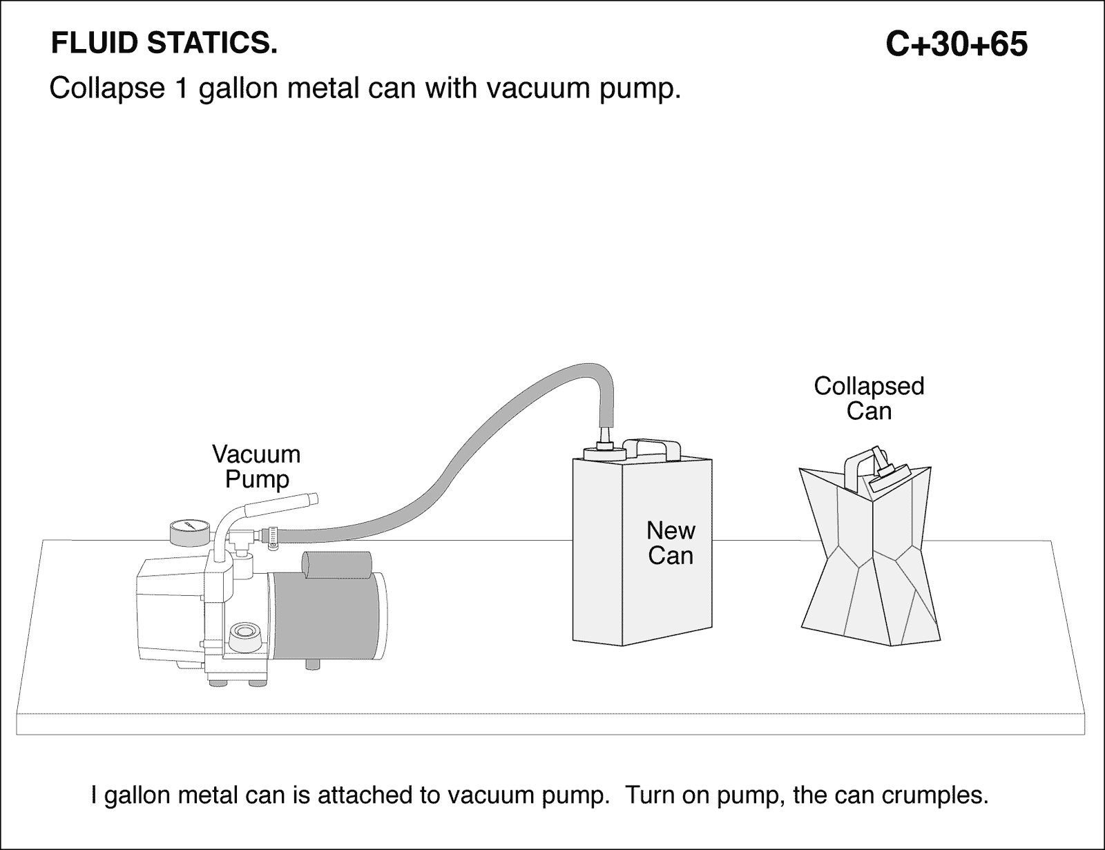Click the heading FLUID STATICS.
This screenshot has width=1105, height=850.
click(x=164, y=44)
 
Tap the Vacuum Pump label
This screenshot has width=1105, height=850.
click(x=256, y=467)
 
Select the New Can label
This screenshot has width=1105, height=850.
click(x=671, y=543)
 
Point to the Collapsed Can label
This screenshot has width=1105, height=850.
click(x=869, y=398)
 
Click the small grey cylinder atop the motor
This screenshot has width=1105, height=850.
click(x=323, y=566)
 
